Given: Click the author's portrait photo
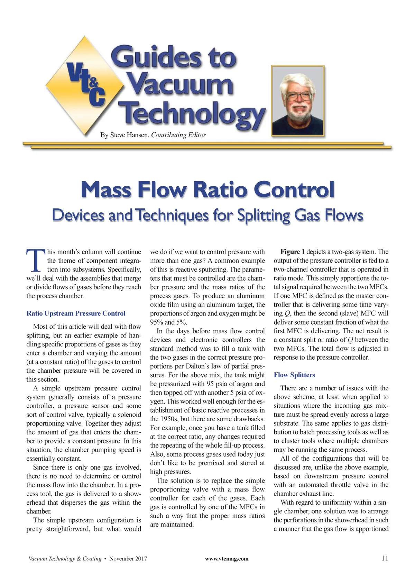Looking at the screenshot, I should click(x=298, y=100).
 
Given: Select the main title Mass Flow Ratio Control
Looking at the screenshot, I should click(x=207, y=189).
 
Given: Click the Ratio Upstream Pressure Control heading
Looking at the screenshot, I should click(x=76, y=314).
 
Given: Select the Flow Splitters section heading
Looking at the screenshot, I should click(x=294, y=375).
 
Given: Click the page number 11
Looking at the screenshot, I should click(x=385, y=558).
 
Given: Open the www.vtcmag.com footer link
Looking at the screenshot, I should click(x=227, y=558).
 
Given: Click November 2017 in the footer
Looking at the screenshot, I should click(x=128, y=558).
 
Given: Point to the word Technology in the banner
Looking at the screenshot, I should click(x=192, y=113).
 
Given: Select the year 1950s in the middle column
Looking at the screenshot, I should click(x=162, y=419).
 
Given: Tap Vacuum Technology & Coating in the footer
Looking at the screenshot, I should click(x=65, y=558).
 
